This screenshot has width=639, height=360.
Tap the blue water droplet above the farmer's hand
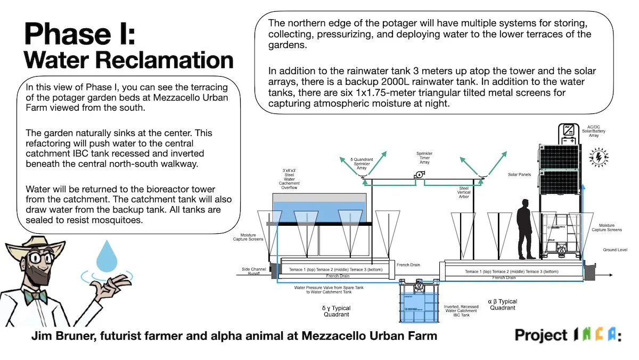point(106,255)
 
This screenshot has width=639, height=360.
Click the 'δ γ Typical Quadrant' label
point(336,311)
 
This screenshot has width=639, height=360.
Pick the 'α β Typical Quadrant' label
point(502,305)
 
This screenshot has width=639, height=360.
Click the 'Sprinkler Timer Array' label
point(424,159)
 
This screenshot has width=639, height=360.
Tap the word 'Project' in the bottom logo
point(540,335)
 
